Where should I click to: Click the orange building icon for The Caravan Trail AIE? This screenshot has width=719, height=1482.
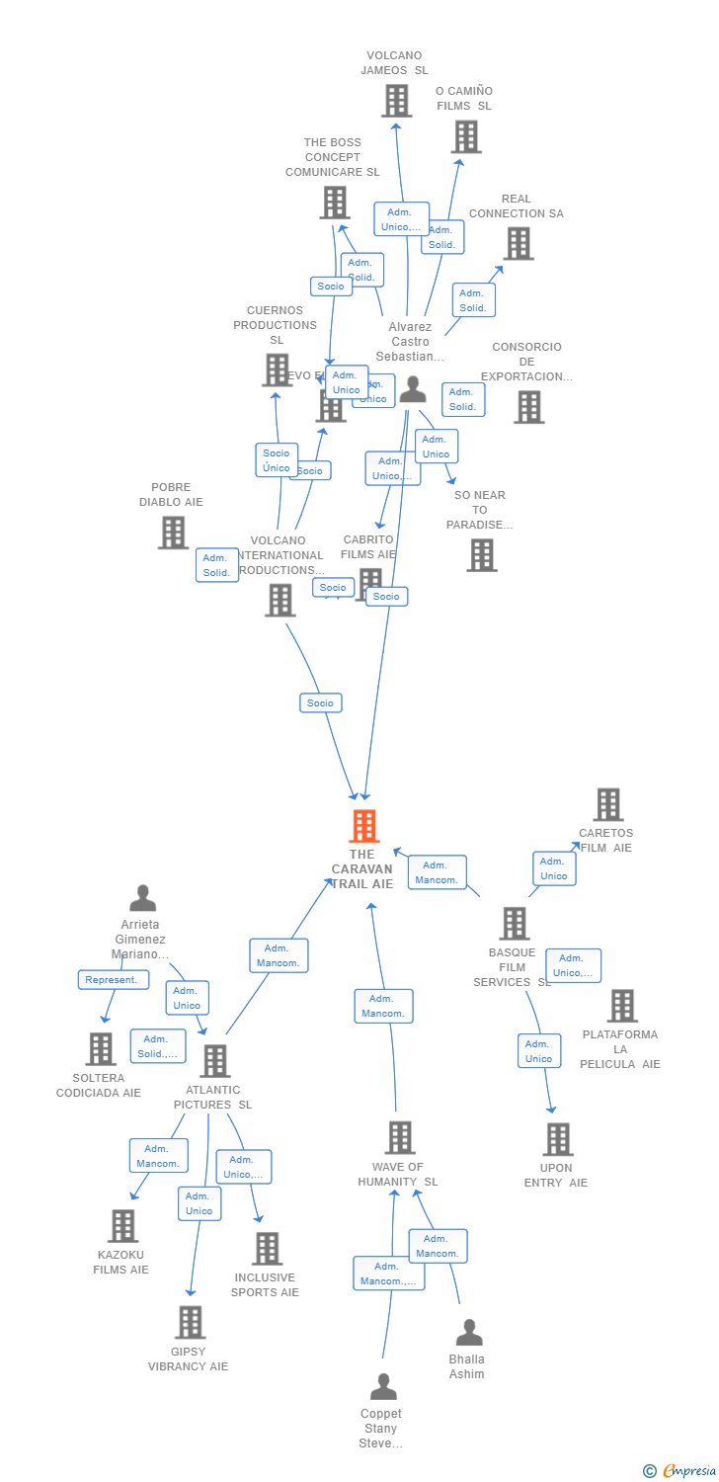tap(364, 826)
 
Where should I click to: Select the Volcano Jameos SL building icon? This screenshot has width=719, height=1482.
tap(396, 101)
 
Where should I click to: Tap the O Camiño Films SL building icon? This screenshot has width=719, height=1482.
tap(466, 136)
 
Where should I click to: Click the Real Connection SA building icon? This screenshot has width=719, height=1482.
tap(518, 243)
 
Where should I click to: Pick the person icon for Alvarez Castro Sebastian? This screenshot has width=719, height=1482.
tap(413, 391)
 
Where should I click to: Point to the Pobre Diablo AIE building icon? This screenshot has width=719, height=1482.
tap(173, 533)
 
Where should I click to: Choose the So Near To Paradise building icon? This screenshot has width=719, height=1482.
tap(481, 555)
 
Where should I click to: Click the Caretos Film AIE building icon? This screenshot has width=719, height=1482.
tap(608, 804)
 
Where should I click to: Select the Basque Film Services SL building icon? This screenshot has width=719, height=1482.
tap(514, 924)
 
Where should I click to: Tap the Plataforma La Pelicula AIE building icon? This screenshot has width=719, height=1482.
tap(622, 1006)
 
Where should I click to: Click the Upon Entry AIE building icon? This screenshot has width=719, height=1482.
tap(557, 1139)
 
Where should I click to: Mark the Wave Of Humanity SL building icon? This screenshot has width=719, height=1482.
tap(399, 1138)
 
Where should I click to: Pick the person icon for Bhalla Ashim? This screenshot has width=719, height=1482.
tap(469, 1333)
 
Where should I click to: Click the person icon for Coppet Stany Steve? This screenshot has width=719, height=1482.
tap(383, 1387)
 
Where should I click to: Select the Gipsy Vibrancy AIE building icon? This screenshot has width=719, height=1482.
tap(190, 1322)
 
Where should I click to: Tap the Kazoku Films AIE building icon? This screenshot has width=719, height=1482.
tap(122, 1226)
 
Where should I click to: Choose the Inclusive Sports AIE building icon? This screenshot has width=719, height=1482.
tap(267, 1249)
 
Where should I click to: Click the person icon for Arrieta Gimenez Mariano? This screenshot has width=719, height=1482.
tap(143, 898)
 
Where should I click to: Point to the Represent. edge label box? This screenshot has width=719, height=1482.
tap(114, 979)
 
